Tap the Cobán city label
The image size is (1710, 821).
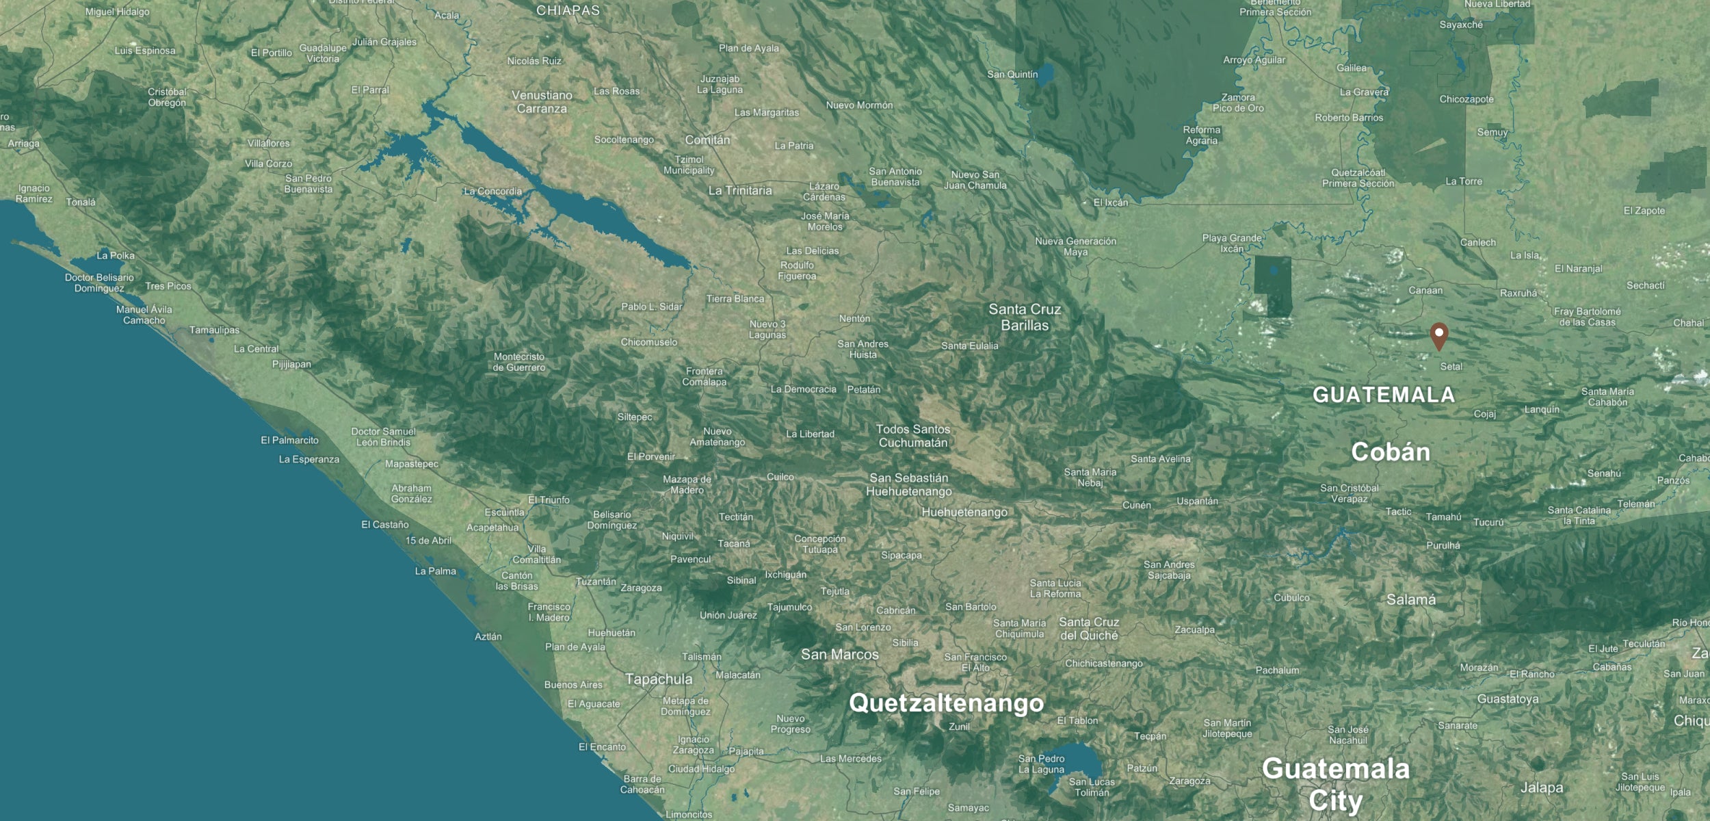[1391, 452]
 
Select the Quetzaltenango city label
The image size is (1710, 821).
[946, 703]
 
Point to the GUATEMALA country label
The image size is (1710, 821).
[1383, 395]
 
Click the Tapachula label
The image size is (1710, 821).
[659, 679]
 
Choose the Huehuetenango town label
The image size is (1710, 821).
[964, 512]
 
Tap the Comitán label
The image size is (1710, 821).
[707, 140]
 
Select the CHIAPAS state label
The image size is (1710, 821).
[568, 10]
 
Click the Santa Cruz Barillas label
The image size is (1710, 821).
[1025, 317]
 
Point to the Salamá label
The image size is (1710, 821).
[1410, 600]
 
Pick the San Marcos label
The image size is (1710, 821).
[839, 655]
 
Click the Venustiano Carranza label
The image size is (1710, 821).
[542, 102]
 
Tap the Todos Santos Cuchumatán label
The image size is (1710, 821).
[913, 436]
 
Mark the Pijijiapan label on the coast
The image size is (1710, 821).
[291, 364]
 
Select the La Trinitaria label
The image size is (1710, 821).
[740, 191]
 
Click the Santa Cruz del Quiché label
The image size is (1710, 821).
[1089, 629]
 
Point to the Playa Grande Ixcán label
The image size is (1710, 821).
[1232, 244]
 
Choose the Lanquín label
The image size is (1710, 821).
[1542, 410]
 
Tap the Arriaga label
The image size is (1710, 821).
[24, 144]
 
